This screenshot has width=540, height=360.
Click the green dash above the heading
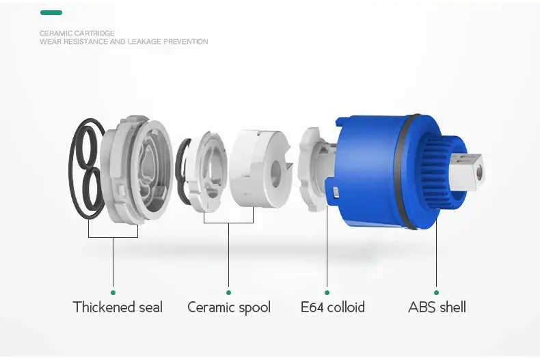51,13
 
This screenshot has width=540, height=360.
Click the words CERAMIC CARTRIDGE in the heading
77,33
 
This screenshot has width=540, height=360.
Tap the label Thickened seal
118,307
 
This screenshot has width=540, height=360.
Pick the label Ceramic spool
229,307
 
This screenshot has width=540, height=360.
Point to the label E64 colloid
333,307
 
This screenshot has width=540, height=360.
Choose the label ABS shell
437,307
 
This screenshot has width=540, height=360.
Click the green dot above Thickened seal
113,292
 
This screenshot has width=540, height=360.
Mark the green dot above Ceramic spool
229,292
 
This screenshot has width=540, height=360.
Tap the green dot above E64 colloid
327,292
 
